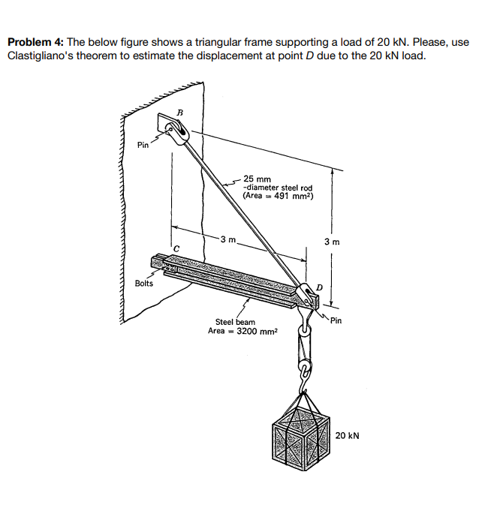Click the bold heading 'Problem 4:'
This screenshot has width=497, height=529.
(x=35, y=43)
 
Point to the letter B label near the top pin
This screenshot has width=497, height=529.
(x=179, y=113)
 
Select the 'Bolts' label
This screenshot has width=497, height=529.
(x=144, y=284)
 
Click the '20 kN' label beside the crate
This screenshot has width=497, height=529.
(x=348, y=434)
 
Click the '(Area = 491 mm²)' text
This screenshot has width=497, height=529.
(x=278, y=196)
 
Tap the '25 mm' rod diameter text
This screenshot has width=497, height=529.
(x=258, y=179)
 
